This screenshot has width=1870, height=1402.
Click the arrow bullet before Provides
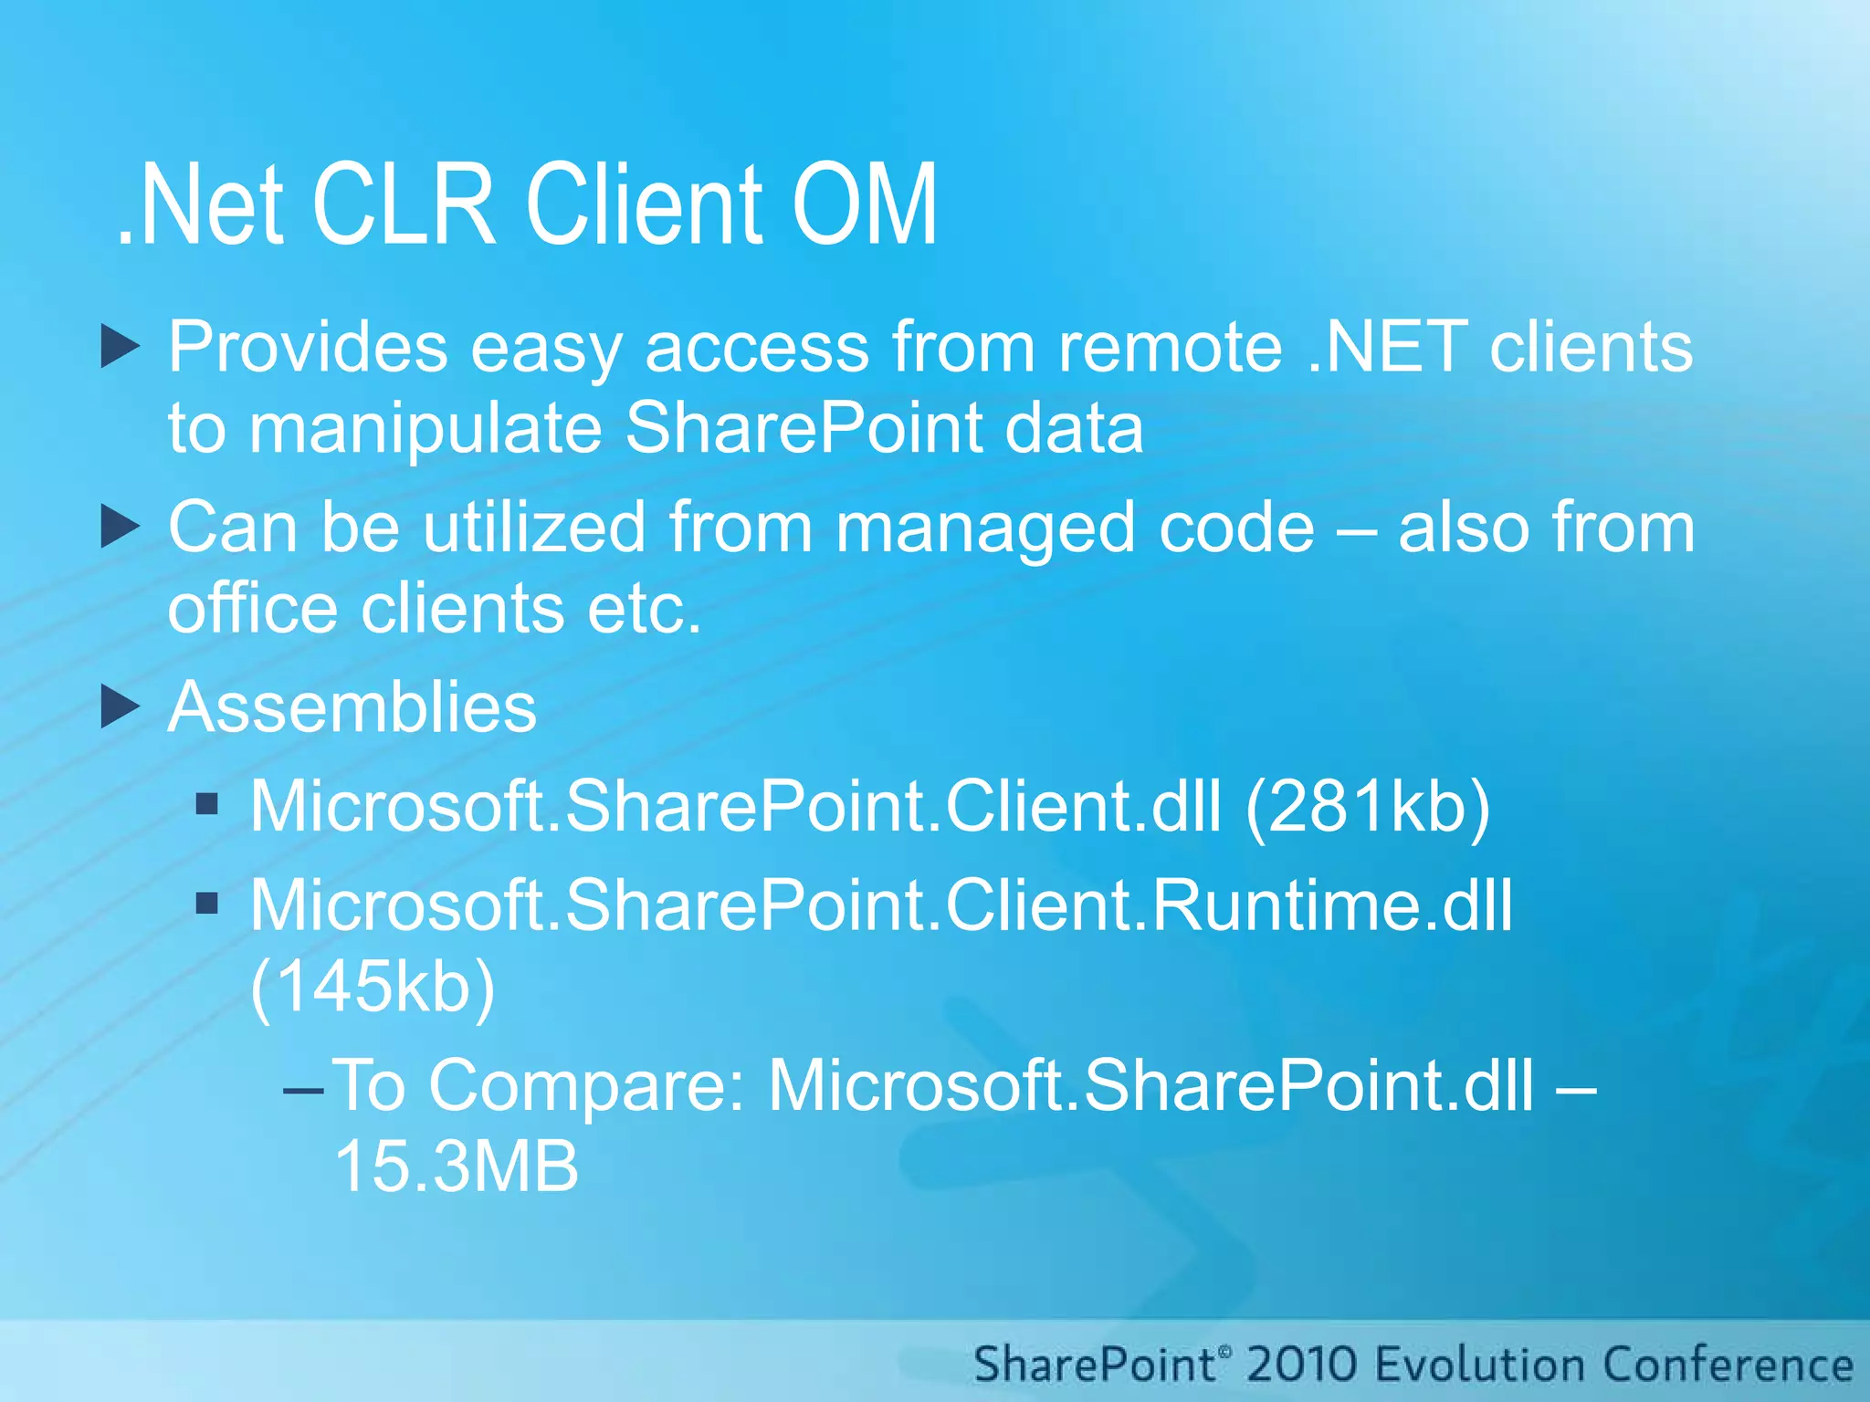pos(120,347)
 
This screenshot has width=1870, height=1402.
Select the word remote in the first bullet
pos(1171,347)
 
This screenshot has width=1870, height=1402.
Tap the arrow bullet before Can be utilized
pos(120,528)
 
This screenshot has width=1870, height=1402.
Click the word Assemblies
pos(352,707)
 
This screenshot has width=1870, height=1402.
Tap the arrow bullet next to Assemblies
pos(120,707)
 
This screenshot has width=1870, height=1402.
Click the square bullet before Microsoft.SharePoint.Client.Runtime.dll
pos(207,904)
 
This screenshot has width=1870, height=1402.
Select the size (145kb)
pos(373,987)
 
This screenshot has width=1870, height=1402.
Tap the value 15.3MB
pos(457,1167)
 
